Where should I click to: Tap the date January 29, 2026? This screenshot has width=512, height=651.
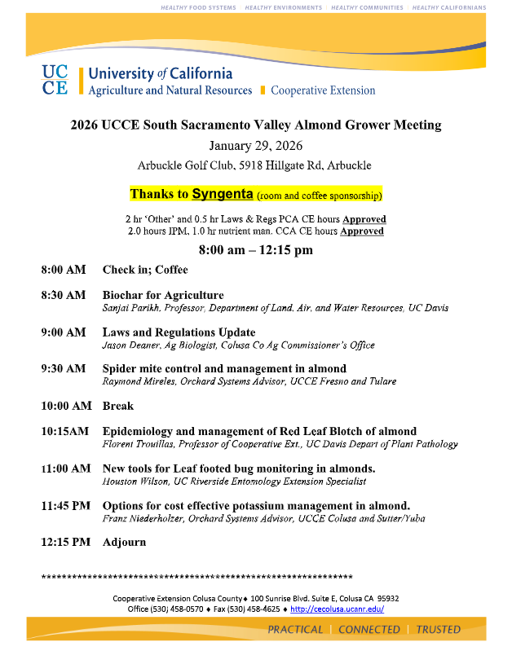255,146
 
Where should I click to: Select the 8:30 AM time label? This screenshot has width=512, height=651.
63,295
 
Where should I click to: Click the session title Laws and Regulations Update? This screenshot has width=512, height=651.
179,332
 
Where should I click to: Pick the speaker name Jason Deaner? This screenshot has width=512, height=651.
130,345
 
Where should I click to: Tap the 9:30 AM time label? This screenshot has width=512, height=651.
63,368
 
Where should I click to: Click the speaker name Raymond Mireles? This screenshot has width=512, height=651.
137,381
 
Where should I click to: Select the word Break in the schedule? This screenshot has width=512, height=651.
118,406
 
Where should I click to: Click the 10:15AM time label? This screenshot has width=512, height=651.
65,431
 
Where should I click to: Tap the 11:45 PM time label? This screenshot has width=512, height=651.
65,506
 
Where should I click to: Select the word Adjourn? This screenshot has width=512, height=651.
124,542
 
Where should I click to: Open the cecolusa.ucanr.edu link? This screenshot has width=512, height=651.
337,609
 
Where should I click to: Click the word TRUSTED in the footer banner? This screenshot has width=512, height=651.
438,629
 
